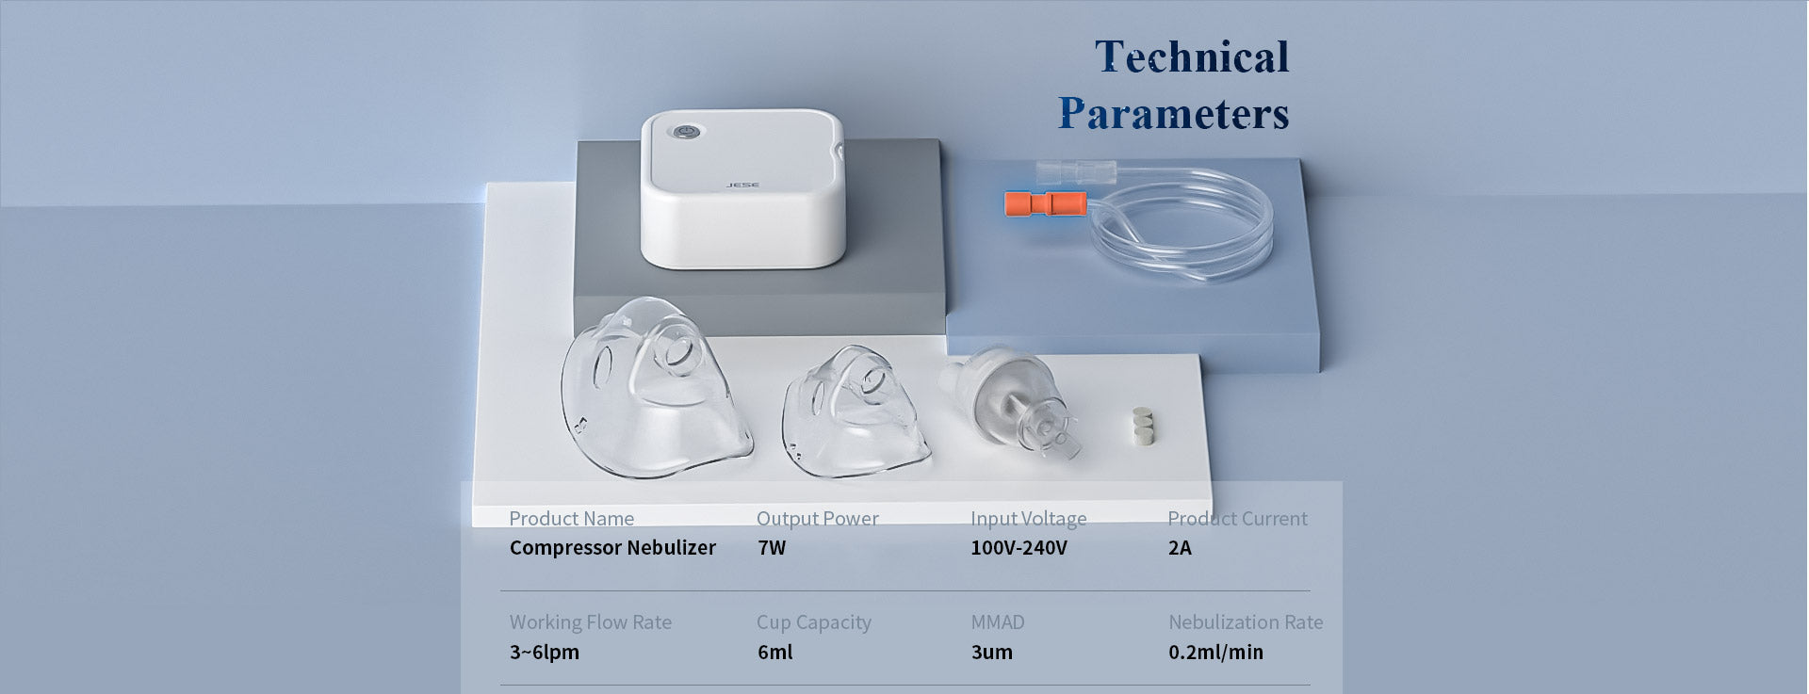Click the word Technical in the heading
[1192, 56]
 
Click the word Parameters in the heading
[1174, 114]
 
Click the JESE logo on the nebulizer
[743, 185]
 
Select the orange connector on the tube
[1044, 202]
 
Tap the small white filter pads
[1143, 425]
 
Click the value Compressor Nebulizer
[612, 548]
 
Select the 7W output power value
[771, 548]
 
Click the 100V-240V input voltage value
[1019, 548]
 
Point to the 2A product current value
[1180, 548]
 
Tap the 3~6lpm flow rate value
[545, 652]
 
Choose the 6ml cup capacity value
[774, 652]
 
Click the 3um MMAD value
[992, 652]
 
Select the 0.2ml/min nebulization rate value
[1215, 652]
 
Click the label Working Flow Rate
[591, 622]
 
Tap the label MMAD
[998, 622]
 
